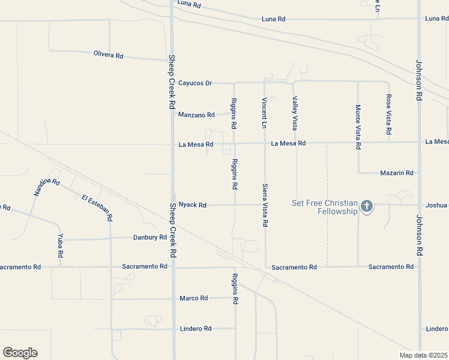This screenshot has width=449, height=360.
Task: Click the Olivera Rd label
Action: pyautogui.click(x=109, y=55)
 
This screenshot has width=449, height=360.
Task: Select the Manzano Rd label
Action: pyautogui.click(x=196, y=115)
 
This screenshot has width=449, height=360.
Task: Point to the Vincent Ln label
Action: pyautogui.click(x=264, y=113)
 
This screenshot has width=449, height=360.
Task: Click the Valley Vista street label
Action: pyautogui.click(x=295, y=114)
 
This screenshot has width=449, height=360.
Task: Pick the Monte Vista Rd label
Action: pyautogui.click(x=358, y=127)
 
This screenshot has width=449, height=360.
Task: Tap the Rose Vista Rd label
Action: pyautogui.click(x=389, y=114)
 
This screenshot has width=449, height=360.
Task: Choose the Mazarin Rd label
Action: pyautogui.click(x=397, y=173)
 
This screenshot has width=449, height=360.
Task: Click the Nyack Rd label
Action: pyautogui.click(x=193, y=205)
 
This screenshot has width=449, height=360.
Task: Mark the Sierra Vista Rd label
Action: pyautogui.click(x=264, y=205)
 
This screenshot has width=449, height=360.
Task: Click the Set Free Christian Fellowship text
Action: pyautogui.click(x=325, y=207)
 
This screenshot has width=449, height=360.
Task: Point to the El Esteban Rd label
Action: pyautogui.click(x=97, y=207)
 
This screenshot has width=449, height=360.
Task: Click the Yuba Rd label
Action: pyautogui.click(x=61, y=246)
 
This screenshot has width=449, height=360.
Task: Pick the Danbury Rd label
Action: pyautogui.click(x=149, y=238)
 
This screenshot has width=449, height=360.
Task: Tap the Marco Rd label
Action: pyautogui.click(x=193, y=298)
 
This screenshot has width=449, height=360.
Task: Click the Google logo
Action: pyautogui.click(x=20, y=353)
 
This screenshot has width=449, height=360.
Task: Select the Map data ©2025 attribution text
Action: pyautogui.click(x=424, y=355)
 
